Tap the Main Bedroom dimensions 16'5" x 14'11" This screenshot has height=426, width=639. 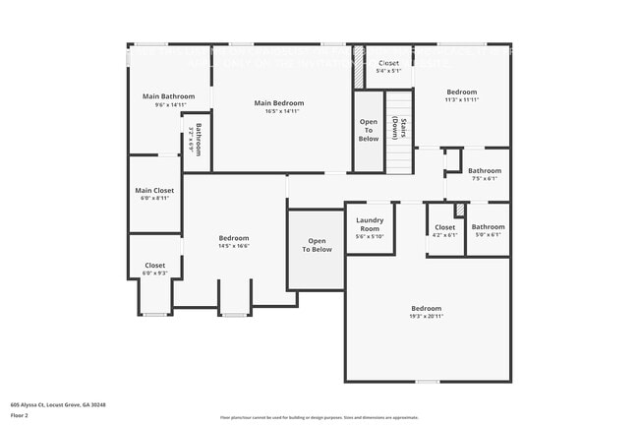click(x=279, y=111)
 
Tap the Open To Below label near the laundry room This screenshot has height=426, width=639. click(x=317, y=245)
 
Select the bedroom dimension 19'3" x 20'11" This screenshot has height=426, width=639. click(x=426, y=316)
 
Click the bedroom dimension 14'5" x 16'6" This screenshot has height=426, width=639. click(x=234, y=246)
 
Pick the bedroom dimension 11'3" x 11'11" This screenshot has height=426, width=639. click(x=461, y=99)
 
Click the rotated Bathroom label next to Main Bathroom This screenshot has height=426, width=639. click(x=197, y=141)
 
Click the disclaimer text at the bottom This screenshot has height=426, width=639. click(x=319, y=417)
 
